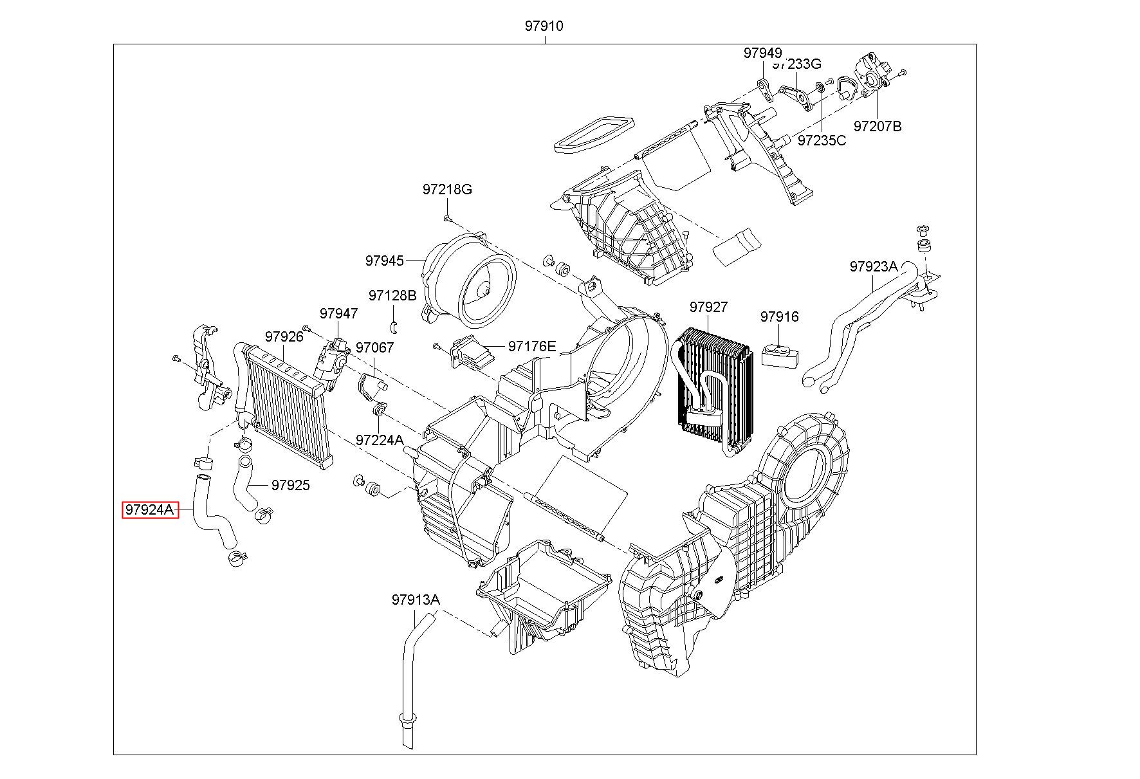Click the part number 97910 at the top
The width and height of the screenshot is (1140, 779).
544,26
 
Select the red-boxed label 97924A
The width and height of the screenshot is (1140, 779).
150,510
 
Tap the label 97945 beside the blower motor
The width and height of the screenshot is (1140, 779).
385,261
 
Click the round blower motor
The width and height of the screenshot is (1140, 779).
472,278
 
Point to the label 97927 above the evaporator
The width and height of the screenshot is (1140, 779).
708,307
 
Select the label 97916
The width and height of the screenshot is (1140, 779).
780,316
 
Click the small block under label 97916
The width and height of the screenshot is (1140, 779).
780,355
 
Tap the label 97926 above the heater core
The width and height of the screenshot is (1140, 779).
284,336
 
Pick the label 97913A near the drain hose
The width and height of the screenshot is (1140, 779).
416,600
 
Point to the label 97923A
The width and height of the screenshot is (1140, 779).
874,266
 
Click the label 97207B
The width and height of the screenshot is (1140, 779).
878,126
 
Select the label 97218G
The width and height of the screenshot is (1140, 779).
447,189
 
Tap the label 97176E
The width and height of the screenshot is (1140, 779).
532,346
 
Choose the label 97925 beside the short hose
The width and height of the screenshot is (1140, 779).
290,485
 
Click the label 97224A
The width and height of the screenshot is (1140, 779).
380,440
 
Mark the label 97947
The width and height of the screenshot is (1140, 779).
339,313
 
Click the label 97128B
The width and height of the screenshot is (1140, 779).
392,295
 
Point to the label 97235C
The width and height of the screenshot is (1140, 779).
822,140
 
